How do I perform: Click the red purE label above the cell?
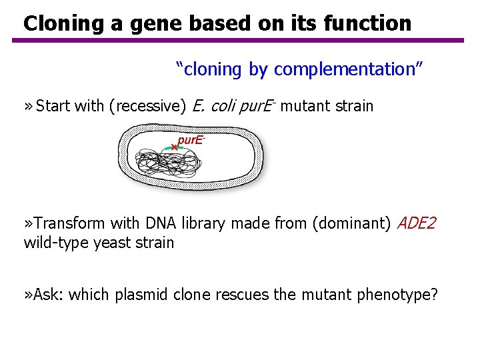coord(190,141)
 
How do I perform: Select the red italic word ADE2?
coord(417,223)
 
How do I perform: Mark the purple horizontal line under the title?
coord(237,41)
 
